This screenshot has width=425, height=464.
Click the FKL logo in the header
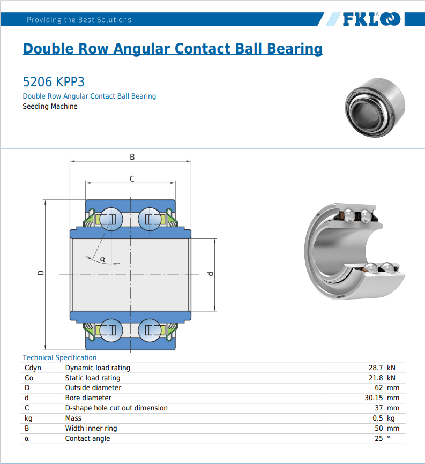click(371, 19)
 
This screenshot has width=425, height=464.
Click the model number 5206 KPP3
click(54, 81)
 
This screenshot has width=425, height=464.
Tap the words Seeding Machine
click(50, 106)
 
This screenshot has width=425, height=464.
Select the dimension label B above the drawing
click(132, 157)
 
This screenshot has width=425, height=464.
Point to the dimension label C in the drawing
click(132, 179)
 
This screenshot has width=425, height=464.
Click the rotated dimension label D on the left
click(41, 273)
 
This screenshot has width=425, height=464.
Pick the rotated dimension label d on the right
click(211, 274)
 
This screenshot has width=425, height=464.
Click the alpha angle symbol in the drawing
click(103, 259)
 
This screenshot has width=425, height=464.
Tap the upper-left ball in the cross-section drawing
click(111, 219)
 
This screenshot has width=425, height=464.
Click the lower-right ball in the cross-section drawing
click(150, 331)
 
